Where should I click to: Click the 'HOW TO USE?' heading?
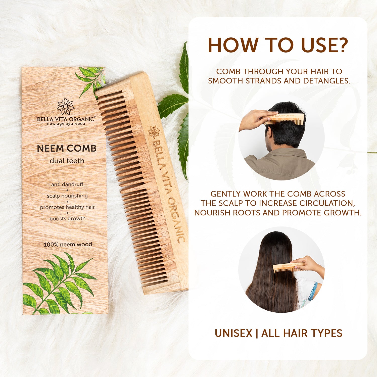click(278, 45)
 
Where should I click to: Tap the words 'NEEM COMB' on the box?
click(67, 148)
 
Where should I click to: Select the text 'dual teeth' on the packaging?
click(67, 161)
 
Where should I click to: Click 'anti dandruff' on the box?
click(67, 184)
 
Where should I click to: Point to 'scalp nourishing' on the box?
click(67, 196)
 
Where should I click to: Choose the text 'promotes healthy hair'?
click(67, 207)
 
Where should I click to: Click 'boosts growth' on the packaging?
click(67, 219)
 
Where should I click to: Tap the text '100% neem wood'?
click(68, 244)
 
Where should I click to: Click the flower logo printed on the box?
click(66, 106)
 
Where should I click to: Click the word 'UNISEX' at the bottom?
click(233, 333)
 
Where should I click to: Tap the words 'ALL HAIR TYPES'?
click(302, 333)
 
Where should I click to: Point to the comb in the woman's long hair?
click(288, 268)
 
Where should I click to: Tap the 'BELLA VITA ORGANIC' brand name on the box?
click(66, 119)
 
